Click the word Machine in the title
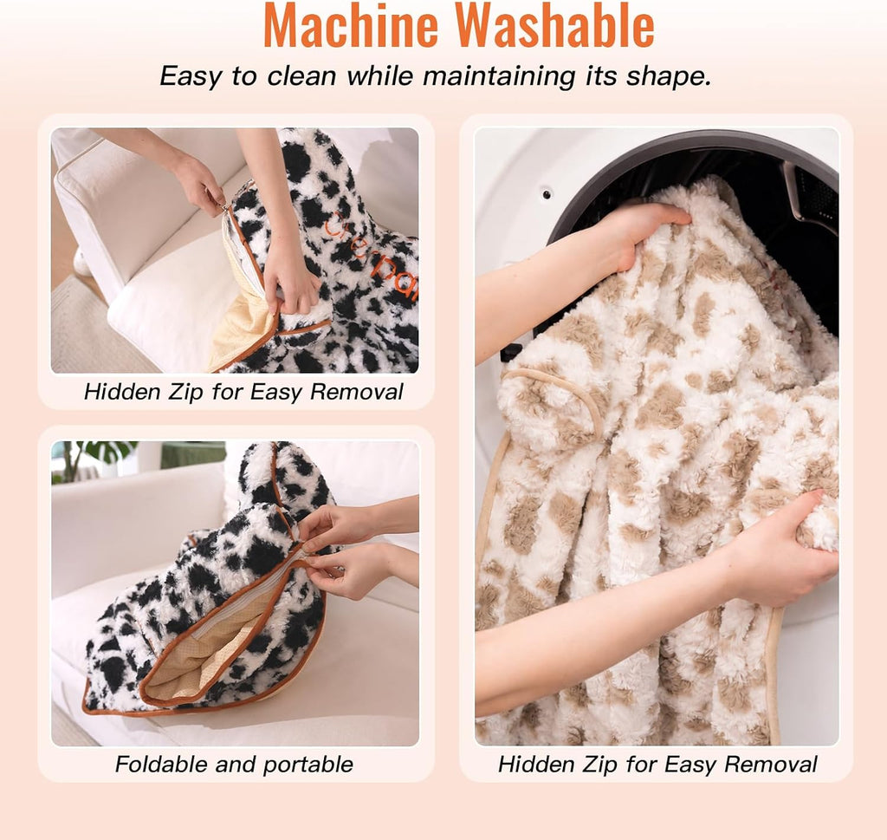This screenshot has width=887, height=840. pyautogui.click(x=351, y=25)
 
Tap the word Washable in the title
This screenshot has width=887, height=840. pyautogui.click(x=555, y=25)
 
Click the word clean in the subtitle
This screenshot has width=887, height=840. pyautogui.click(x=301, y=75)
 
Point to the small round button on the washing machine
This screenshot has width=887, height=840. pyautogui.click(x=547, y=195)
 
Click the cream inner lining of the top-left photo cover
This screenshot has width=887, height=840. pyautogui.click(x=241, y=317)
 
